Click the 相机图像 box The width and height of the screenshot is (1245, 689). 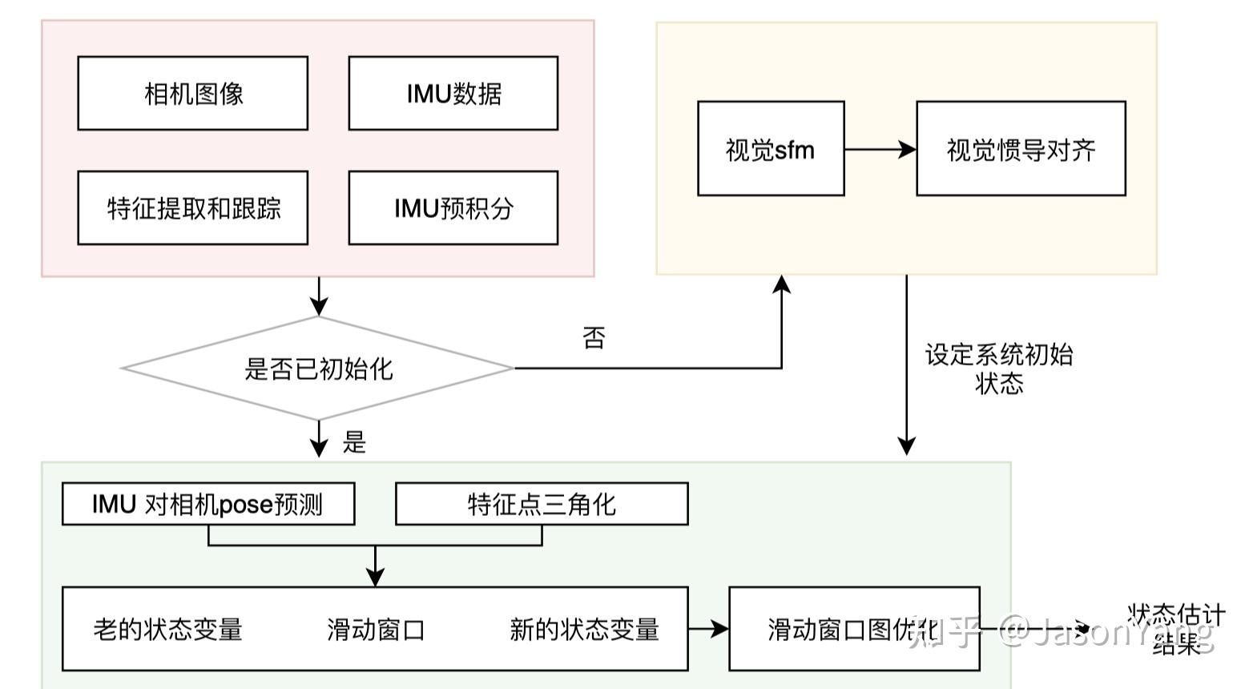[192, 93]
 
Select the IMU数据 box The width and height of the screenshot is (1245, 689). [453, 93]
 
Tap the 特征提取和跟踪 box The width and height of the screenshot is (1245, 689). [192, 208]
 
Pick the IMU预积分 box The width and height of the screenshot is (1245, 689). [453, 208]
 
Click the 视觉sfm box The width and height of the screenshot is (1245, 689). [771, 148]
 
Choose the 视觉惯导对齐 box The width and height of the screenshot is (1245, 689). [1021, 148]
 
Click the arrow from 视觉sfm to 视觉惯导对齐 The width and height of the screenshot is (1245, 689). [880, 149]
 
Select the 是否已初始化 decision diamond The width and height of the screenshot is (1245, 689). [318, 369]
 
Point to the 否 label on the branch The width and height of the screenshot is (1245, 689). [594, 337]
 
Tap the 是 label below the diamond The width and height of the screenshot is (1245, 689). [354, 441]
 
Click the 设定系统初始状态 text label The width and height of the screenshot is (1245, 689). [999, 369]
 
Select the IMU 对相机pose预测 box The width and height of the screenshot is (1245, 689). [208, 504]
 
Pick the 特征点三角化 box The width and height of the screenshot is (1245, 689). [542, 504]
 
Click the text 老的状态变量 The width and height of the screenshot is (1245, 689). [168, 629]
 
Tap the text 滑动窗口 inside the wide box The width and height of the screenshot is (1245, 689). [375, 629]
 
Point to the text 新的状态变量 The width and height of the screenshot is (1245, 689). [584, 629]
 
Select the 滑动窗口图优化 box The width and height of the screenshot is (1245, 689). [854, 629]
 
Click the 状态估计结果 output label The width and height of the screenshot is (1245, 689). [1176, 629]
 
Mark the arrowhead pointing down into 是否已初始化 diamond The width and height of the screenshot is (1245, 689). [319, 307]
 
